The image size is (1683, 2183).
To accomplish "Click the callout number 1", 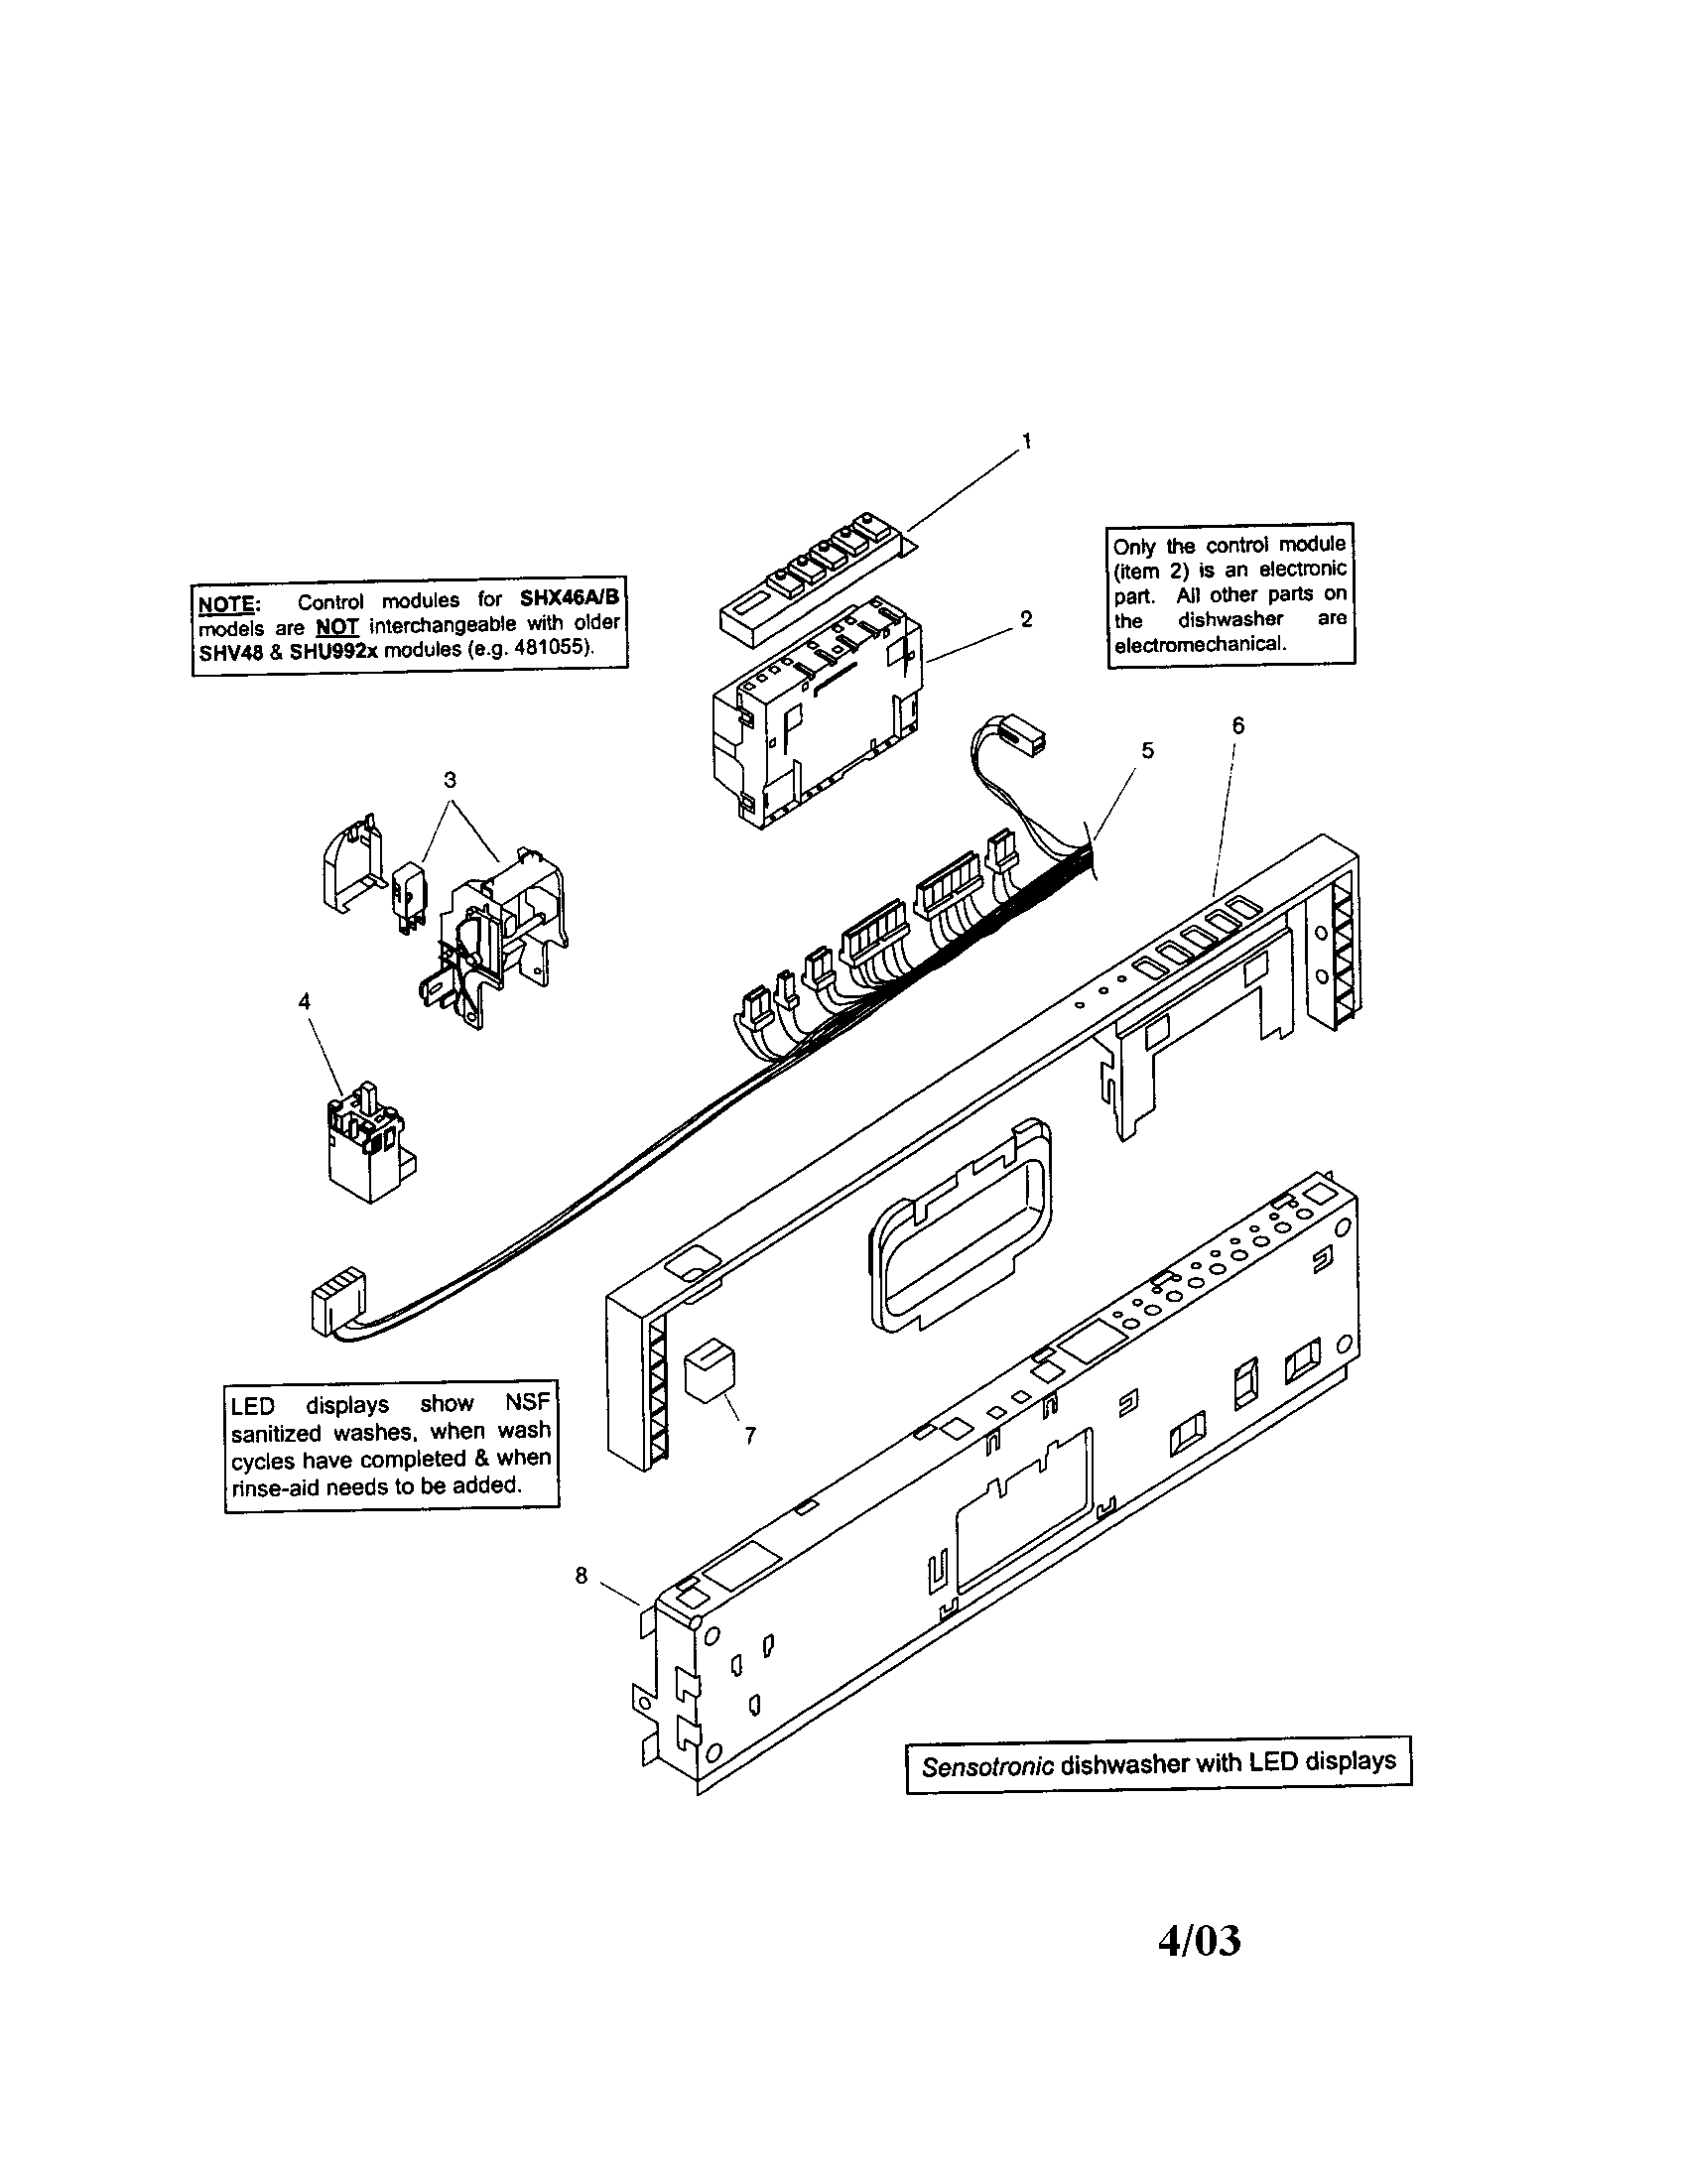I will pyautogui.click(x=1026, y=440).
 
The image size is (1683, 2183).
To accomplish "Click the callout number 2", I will pyautogui.click(x=1026, y=620).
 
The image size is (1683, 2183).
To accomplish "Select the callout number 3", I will pyautogui.click(x=450, y=779).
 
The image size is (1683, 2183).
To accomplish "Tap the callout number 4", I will pyautogui.click(x=305, y=1000).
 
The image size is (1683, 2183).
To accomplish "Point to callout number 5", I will pyautogui.click(x=1147, y=749).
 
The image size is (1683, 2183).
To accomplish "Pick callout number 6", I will pyautogui.click(x=1238, y=726).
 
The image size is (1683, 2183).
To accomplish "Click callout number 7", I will pyautogui.click(x=749, y=1436).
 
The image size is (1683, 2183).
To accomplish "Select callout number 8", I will pyautogui.click(x=581, y=1576).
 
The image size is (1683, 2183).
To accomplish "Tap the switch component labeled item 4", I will pyautogui.click(x=365, y=1144).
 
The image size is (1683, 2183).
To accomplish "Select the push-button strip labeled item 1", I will pyautogui.click(x=815, y=579).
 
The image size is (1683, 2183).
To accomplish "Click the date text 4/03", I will pyautogui.click(x=1199, y=1941).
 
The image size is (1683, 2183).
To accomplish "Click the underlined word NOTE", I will pyautogui.click(x=227, y=603).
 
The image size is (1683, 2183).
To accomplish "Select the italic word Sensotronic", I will pyautogui.click(x=987, y=1767).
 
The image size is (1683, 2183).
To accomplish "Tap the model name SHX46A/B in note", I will pyautogui.click(x=570, y=597).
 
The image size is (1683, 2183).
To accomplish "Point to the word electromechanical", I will pyautogui.click(x=1200, y=645).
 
